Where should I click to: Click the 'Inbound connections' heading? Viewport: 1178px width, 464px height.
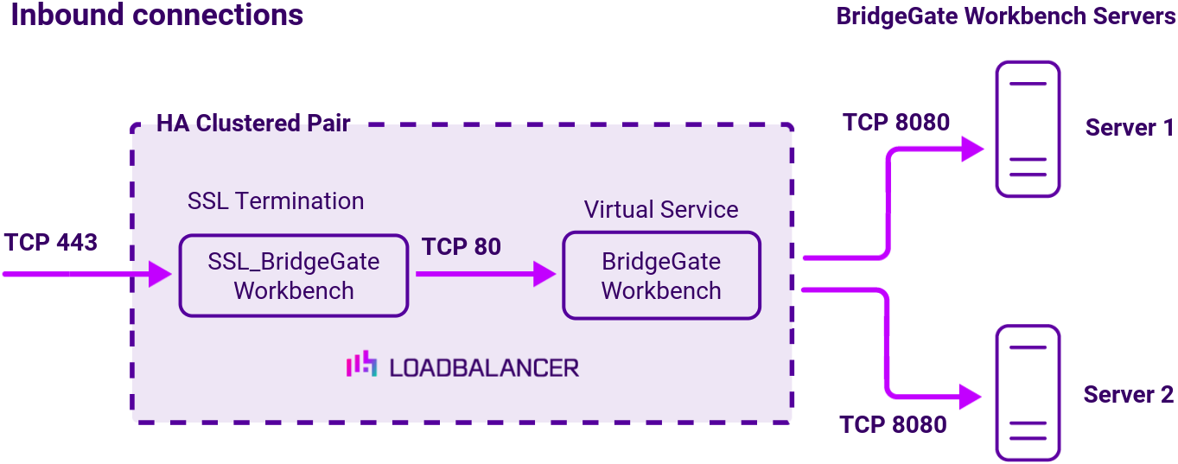tap(156, 16)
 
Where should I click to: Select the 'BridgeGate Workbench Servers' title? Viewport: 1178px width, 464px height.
tap(1005, 17)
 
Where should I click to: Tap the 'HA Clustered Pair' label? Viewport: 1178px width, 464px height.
tap(252, 124)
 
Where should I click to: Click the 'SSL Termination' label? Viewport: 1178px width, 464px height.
tap(276, 201)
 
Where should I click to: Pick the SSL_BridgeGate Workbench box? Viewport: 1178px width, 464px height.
tap(293, 276)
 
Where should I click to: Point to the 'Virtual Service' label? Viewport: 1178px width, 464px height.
tap(661, 210)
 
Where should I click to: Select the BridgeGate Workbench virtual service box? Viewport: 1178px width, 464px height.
tap(661, 276)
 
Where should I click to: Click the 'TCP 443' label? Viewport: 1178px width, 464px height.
tap(50, 242)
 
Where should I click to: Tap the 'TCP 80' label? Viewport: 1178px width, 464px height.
tap(462, 246)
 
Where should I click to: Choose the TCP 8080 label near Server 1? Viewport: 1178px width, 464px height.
tap(896, 123)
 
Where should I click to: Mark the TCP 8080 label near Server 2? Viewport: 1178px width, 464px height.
tap(893, 424)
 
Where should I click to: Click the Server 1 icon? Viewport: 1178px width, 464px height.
tap(1027, 130)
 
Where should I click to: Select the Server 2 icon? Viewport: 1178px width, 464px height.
tap(1027, 393)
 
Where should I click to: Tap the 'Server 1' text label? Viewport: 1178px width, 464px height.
tap(1129, 128)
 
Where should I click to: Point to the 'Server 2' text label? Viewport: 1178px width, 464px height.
tap(1128, 395)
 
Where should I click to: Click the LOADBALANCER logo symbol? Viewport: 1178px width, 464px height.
tap(361, 365)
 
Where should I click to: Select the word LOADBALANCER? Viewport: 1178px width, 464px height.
tap(483, 367)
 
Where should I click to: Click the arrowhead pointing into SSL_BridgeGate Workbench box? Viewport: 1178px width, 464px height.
tap(162, 275)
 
